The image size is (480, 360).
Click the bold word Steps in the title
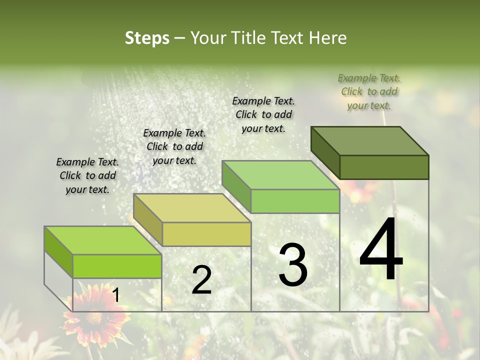click(x=147, y=38)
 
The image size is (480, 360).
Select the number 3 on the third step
click(x=293, y=265)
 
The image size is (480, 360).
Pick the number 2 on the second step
click(x=201, y=280)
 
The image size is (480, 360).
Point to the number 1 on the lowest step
click(x=115, y=295)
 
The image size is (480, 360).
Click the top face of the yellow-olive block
click(x=192, y=208)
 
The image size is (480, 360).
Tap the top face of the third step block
click(x=280, y=175)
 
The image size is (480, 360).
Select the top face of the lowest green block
click(x=103, y=240)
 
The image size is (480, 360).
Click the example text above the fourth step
click(x=369, y=91)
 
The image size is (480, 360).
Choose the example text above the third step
click(x=263, y=114)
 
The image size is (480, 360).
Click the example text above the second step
click(x=174, y=146)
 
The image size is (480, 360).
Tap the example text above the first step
click(x=87, y=175)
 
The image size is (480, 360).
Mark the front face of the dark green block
click(x=384, y=167)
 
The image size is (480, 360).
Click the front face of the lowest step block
click(x=117, y=266)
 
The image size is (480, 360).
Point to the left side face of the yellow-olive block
click(x=148, y=220)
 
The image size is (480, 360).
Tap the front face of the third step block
click(x=295, y=201)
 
